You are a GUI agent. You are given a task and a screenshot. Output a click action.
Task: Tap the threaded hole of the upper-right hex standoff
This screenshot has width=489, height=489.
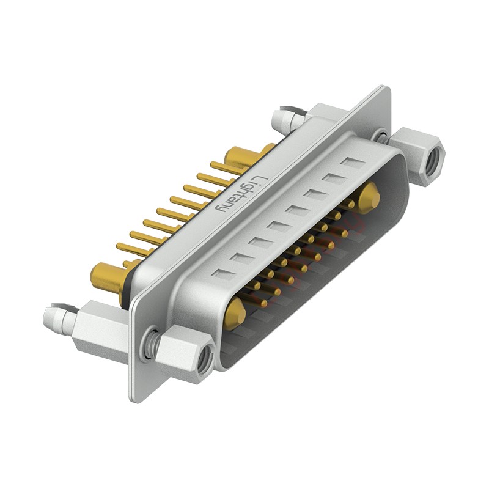432,160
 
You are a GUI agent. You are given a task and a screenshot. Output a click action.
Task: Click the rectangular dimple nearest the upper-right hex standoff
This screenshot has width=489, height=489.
352,163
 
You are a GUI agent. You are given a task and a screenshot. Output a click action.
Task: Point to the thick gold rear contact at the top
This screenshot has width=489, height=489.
241,157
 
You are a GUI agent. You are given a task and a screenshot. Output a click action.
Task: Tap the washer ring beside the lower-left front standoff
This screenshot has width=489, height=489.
149,342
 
